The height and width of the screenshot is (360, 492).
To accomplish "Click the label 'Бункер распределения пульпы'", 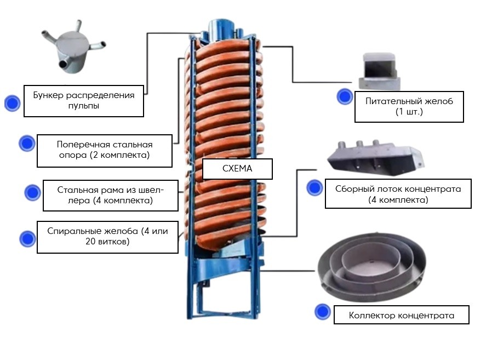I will [x=84, y=100].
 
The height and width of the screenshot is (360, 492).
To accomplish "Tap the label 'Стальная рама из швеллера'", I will [x=110, y=195].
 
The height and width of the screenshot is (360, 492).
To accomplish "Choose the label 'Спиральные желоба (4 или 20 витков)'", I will [x=107, y=236].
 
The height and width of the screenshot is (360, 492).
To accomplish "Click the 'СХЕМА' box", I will [x=237, y=169].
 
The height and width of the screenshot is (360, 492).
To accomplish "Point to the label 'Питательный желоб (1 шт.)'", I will [x=409, y=106].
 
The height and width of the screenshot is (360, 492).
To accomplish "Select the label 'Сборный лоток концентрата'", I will [x=398, y=194].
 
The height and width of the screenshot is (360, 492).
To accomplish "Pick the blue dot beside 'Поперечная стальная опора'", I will [x=27, y=144].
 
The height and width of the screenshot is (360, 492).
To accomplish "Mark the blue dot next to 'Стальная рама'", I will [x=32, y=192].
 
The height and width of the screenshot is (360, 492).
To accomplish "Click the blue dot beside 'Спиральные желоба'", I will [x=27, y=239].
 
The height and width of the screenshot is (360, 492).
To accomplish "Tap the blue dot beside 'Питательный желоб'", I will [x=345, y=96].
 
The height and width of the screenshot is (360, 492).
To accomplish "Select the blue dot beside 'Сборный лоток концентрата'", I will [x=314, y=188].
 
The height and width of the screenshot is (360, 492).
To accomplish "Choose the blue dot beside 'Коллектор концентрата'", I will [x=323, y=312].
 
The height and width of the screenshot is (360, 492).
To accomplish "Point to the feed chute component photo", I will [x=379, y=71].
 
